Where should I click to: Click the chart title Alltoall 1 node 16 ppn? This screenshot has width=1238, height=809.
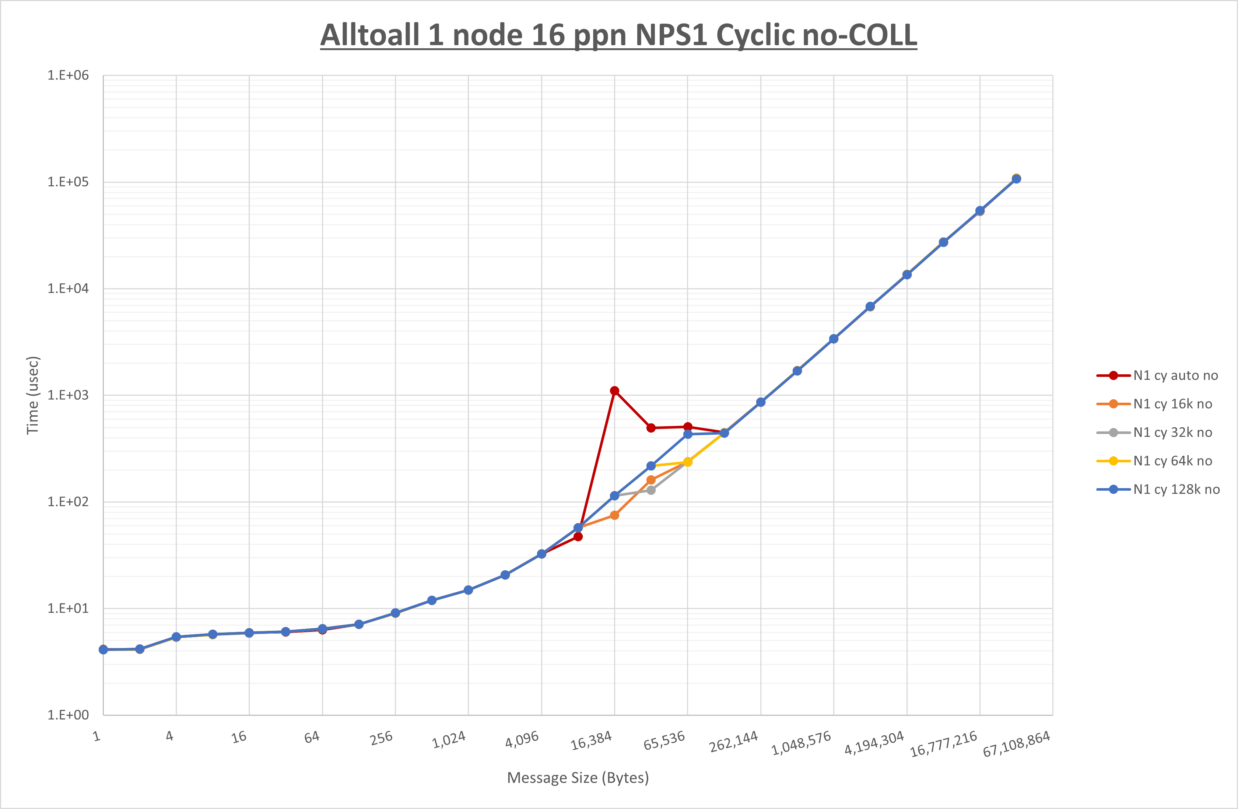tap(618, 35)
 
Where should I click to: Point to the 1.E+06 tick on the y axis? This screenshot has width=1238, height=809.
tap(68, 76)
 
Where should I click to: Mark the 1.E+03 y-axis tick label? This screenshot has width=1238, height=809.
tap(68, 395)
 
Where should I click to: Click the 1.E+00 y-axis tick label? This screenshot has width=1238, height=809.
tap(68, 715)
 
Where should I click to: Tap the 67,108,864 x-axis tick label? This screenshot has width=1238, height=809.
tap(1016, 744)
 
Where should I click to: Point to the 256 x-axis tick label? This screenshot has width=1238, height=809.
tap(381, 738)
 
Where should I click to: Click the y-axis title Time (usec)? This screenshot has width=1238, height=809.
tap(33, 395)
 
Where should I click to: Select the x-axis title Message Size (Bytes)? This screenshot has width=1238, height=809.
tap(578, 778)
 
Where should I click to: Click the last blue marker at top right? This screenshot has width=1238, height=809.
tap(1016, 179)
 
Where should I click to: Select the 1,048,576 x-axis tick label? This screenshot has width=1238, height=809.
tap(801, 743)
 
